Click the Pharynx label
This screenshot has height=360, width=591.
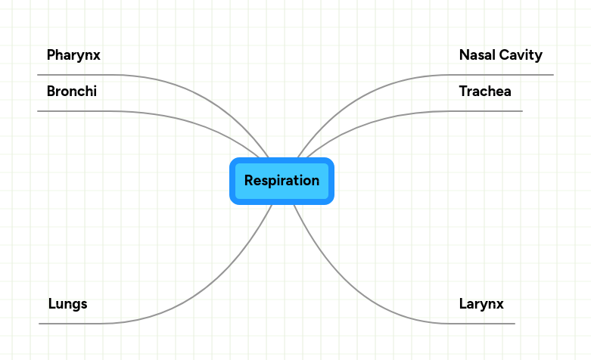click(73, 55)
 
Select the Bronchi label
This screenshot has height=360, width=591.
click(71, 92)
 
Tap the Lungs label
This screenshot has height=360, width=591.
click(67, 304)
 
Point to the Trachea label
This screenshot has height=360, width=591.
click(485, 92)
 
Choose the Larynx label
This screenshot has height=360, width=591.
click(481, 304)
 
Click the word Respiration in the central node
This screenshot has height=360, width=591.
click(282, 181)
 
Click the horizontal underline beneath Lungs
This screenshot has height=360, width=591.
click(68, 324)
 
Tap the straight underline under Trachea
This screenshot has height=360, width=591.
click(484, 111)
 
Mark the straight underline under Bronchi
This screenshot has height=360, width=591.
click(76, 111)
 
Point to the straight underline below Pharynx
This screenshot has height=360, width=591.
click(76, 75)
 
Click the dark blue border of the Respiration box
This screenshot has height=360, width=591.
click(232, 181)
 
